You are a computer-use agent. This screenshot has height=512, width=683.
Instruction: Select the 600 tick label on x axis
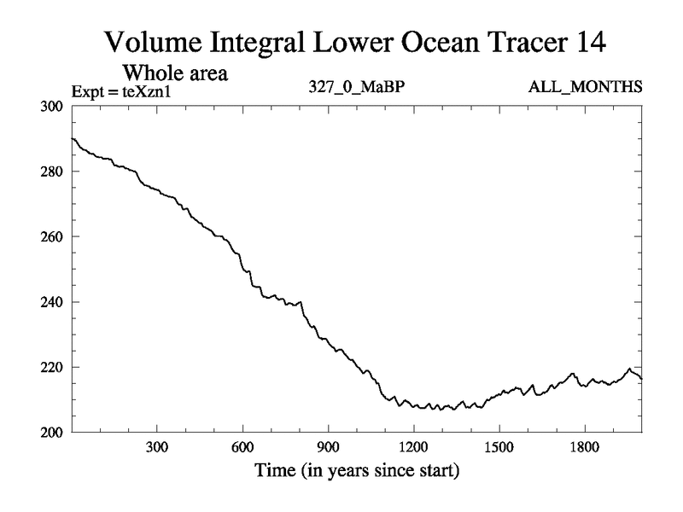pyautogui.click(x=242, y=446)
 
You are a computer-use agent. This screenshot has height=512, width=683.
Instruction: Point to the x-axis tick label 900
pyautogui.click(x=328, y=446)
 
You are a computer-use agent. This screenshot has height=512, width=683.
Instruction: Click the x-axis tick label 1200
pyautogui.click(x=413, y=446)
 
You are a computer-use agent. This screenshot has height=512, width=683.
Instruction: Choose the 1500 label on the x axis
pyautogui.click(x=499, y=446)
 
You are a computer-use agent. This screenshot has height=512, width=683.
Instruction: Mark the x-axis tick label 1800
pyautogui.click(x=584, y=446)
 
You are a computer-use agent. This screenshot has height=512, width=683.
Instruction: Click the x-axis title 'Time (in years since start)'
pyautogui.click(x=356, y=470)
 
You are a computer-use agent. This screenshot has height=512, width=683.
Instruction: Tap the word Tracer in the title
pyautogui.click(x=506, y=42)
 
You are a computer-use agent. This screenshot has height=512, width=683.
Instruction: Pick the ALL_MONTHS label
pyautogui.click(x=587, y=88)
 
